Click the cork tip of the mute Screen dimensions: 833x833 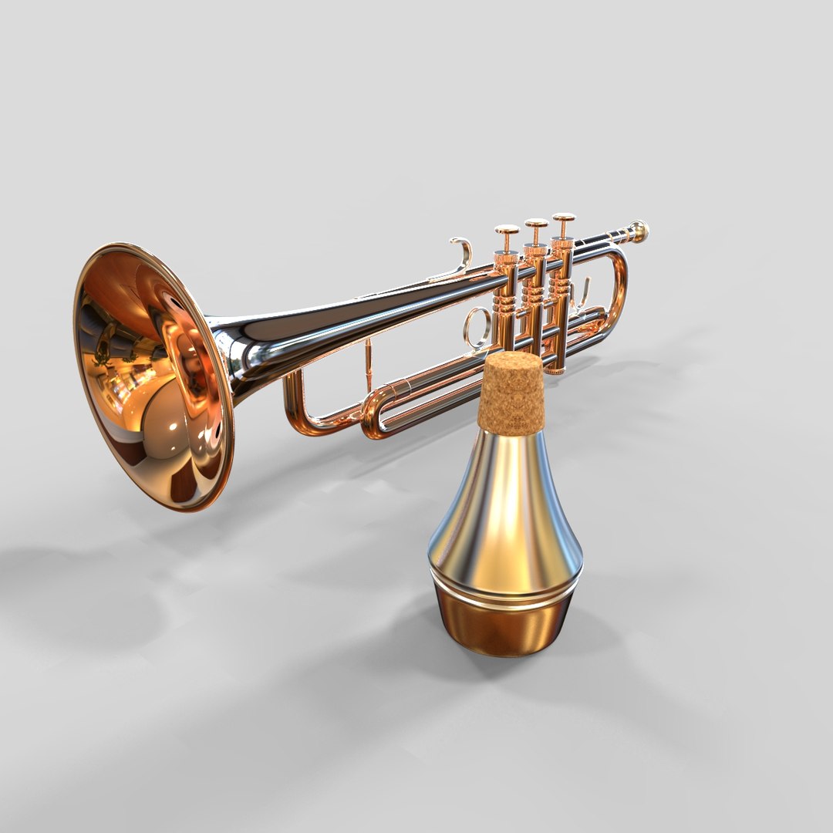tap(511, 392)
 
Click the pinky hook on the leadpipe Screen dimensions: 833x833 tap(463, 255)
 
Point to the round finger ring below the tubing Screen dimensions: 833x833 tap(476, 327)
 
